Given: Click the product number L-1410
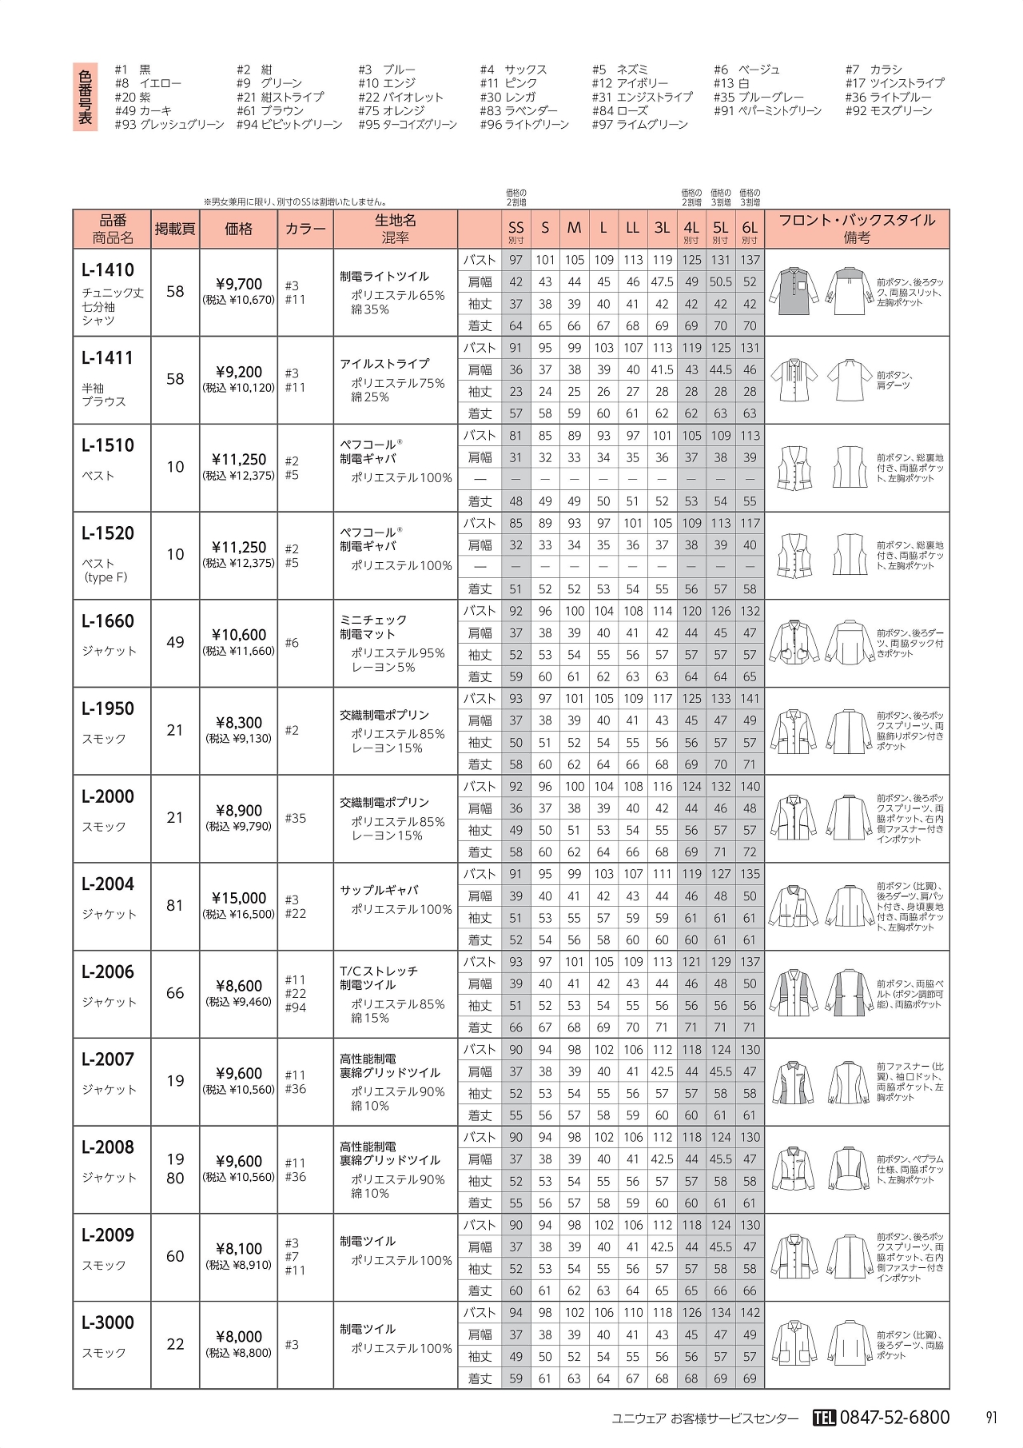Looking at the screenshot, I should pos(108,270).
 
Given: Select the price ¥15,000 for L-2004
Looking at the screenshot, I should pos(239,898).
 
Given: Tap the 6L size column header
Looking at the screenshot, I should pos(749,228).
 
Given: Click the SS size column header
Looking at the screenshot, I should pos(516,228).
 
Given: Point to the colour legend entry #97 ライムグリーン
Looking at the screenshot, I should pos(639,125).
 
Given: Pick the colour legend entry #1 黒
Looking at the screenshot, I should pos(133,70).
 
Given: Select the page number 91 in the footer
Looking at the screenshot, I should pos(991,1418).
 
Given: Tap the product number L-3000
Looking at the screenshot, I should pos(108,1322).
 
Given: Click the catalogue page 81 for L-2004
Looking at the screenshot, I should pos(175,906).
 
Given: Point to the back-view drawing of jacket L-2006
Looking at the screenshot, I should pos(849,994).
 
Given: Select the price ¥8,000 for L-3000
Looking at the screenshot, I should pos(239,1336).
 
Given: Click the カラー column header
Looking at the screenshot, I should pos(305,229).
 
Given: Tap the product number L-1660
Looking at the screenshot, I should pos(108,621).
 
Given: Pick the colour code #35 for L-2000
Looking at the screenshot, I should pos(295,818).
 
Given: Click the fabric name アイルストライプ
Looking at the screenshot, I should pos(384,364).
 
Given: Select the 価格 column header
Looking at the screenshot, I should pos(239,229).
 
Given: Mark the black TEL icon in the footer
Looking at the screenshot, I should pos(823,1418).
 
